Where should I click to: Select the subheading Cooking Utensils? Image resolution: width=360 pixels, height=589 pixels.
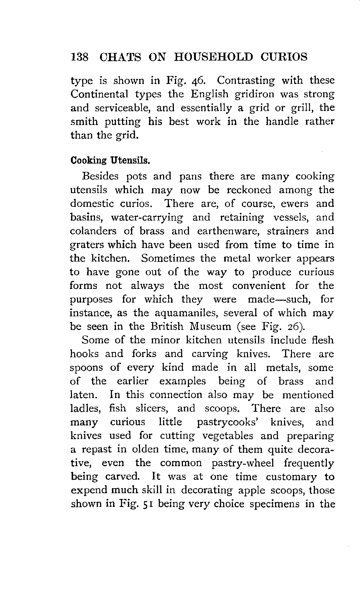pos(110,160)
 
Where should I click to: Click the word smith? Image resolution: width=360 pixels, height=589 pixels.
pos(84,122)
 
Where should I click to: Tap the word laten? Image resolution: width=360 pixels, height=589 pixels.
pos(83,395)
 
